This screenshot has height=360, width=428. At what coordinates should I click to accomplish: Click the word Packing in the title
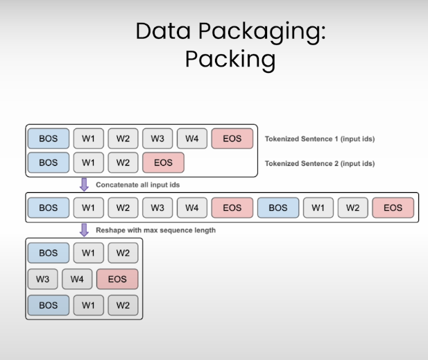pyautogui.click(x=230, y=59)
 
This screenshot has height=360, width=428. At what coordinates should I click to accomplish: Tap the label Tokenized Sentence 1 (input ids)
pyautogui.click(x=320, y=139)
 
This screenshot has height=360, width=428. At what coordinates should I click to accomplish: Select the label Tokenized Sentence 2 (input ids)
pyautogui.click(x=320, y=164)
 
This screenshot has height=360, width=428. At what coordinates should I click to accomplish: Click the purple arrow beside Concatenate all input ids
pyautogui.click(x=85, y=185)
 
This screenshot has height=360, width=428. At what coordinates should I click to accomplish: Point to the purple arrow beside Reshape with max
pyautogui.click(x=85, y=230)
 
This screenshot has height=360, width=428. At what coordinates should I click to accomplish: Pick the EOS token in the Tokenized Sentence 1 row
pyautogui.click(x=232, y=139)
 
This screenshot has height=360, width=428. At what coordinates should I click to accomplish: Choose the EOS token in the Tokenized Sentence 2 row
pyautogui.click(x=163, y=163)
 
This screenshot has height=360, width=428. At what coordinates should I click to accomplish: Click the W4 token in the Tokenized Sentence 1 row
pyautogui.click(x=192, y=139)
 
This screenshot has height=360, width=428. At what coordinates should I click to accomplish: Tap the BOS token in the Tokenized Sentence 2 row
pyautogui.click(x=49, y=163)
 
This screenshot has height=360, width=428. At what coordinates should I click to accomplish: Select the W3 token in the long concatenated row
pyautogui.click(x=157, y=207)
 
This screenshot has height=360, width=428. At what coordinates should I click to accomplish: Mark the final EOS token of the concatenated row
pyautogui.click(x=393, y=207)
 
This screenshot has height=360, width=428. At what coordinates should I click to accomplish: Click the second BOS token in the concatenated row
pyautogui.click(x=278, y=207)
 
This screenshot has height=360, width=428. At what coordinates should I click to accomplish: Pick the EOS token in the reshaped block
pyautogui.click(x=117, y=280)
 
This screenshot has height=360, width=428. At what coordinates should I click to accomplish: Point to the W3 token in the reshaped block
pyautogui.click(x=42, y=280)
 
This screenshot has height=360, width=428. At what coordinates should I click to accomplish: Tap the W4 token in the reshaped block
pyautogui.click(x=77, y=280)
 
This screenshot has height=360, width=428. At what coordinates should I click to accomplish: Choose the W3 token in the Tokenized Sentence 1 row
pyautogui.click(x=157, y=139)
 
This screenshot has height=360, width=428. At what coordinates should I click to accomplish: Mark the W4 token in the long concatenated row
pyautogui.click(x=192, y=207)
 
